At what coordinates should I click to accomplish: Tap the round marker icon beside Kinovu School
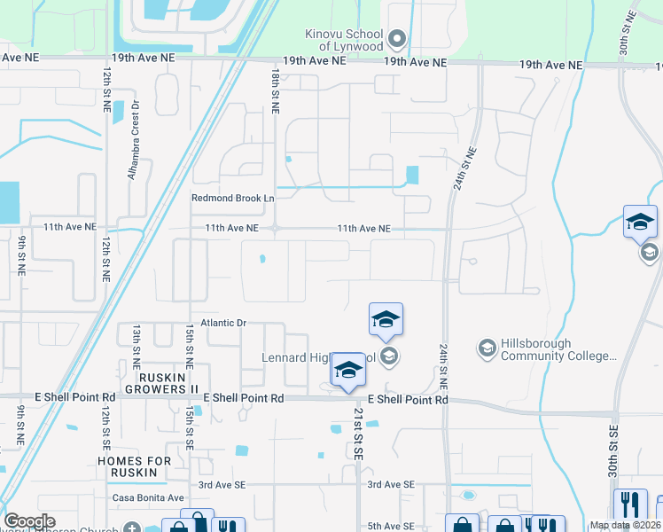click(x=397, y=38)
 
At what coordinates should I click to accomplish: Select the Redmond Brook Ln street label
click(x=232, y=198)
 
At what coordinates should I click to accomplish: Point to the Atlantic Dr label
click(x=222, y=323)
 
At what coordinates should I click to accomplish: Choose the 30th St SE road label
click(x=612, y=452)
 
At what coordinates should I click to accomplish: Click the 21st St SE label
click(x=358, y=434)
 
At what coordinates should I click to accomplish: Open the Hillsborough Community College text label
click(x=558, y=349)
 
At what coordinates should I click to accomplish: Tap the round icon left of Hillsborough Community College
click(x=486, y=348)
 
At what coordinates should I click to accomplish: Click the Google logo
click(x=29, y=521)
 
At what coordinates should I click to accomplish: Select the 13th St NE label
click(x=136, y=346)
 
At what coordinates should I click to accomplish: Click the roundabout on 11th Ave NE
click(x=276, y=228)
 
